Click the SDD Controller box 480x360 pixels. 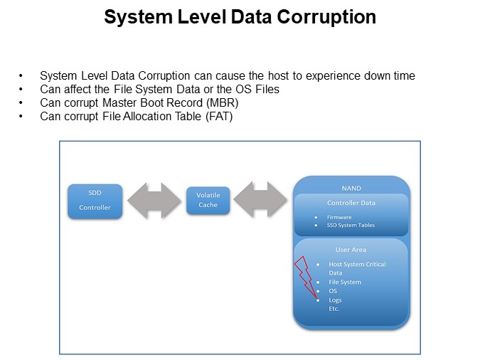(95, 201)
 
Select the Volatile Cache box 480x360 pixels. (208, 200)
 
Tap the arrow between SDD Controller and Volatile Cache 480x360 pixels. (154, 201)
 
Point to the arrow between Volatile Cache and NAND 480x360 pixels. (260, 200)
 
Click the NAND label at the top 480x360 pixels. (351, 188)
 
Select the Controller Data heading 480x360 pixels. (351, 203)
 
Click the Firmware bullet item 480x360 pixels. (339, 217)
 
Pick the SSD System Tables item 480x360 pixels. (351, 226)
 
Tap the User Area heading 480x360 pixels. (351, 250)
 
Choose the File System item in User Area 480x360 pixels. (345, 282)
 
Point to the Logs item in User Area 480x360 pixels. (335, 300)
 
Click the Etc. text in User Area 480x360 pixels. (334, 308)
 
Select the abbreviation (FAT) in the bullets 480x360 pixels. (218, 116)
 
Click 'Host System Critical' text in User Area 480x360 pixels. (357, 264)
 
